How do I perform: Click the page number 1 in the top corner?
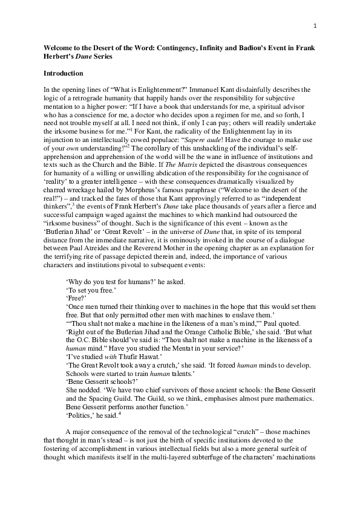point(315,25)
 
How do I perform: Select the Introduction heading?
point(63,73)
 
